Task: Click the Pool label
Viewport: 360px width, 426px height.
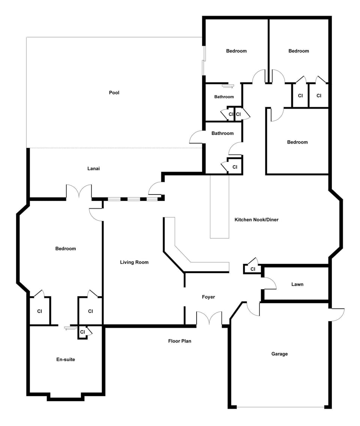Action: [114, 93]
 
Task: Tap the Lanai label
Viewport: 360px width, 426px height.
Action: [93, 169]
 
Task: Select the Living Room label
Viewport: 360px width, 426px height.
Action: [134, 262]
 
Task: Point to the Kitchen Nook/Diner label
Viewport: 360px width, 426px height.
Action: [256, 220]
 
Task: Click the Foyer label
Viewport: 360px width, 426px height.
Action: [208, 297]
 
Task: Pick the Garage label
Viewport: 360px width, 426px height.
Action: [279, 354]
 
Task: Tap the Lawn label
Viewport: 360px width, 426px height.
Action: [297, 284]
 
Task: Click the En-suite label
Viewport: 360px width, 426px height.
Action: [66, 359]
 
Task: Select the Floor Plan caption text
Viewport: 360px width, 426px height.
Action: [180, 341]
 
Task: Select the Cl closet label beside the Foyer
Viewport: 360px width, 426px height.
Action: [253, 269]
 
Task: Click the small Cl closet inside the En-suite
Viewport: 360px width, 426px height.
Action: [82, 332]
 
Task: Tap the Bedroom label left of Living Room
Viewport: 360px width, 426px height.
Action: [66, 248]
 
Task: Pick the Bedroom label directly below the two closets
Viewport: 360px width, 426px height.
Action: [297, 142]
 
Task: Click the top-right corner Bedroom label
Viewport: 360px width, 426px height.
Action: [298, 51]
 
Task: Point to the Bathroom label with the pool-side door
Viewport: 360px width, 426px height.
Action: [222, 133]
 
